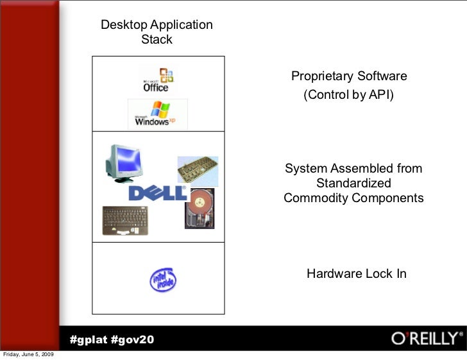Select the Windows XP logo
pyautogui.click(x=157, y=114)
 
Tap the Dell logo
pyautogui.click(x=158, y=193)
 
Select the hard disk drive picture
pyautogui.click(x=200, y=209)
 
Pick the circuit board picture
pyautogui.click(x=198, y=171)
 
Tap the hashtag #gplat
pyautogui.click(x=89, y=339)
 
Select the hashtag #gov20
pyautogui.click(x=133, y=339)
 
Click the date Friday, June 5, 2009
pyautogui.click(x=29, y=355)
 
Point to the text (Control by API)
pyautogui.click(x=348, y=96)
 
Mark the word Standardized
pyautogui.click(x=353, y=184)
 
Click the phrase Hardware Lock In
pyautogui.click(x=356, y=274)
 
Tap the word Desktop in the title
pyautogui.click(x=124, y=25)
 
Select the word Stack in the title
pyautogui.click(x=157, y=40)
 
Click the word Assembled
pyautogui.click(x=353, y=169)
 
